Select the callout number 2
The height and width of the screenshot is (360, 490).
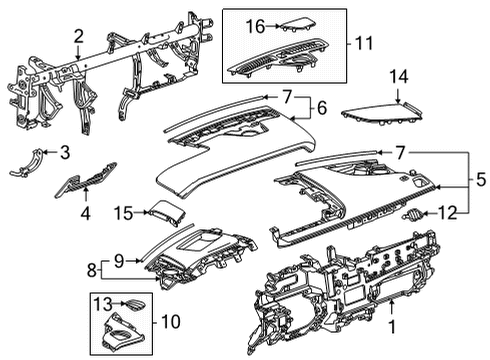point(78,37)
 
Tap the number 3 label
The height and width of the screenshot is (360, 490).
point(65,152)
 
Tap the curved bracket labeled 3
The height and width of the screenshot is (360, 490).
point(30,160)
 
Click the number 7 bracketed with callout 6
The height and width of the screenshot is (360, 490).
point(286,97)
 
